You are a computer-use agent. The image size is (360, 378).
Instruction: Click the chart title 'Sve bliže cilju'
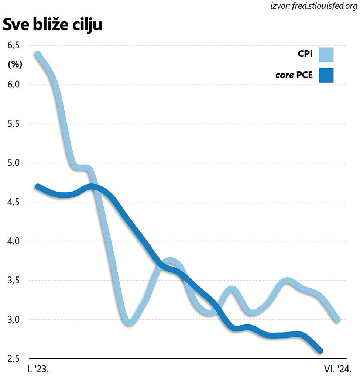pyautogui.click(x=52, y=25)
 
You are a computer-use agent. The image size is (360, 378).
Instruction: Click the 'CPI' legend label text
pyautogui.click(x=305, y=54)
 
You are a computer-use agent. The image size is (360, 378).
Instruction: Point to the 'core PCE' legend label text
pyautogui.click(x=294, y=75)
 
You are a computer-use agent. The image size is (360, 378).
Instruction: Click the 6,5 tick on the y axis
pyautogui.click(x=13, y=45)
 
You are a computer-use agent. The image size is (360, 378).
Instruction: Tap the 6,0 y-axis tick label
pyautogui.click(x=13, y=85)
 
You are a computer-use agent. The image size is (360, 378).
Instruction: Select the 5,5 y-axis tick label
pyautogui.click(x=13, y=124)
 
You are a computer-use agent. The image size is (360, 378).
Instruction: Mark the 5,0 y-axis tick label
pyautogui.click(x=13, y=163)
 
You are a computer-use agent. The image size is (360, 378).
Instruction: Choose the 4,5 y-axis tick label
pyautogui.click(x=13, y=202)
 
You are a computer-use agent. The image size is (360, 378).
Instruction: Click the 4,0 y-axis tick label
pyautogui.click(x=13, y=241)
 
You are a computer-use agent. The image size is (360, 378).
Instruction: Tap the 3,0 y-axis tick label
pyautogui.click(x=13, y=319)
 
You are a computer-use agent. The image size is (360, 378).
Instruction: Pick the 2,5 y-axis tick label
pyautogui.click(x=13, y=358)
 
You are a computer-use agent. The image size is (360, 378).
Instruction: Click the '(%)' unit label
pyautogui.click(x=15, y=64)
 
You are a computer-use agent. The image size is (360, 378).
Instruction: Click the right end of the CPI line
pyautogui.click(x=337, y=319)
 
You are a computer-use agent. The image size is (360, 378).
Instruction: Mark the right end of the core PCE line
pyautogui.click(x=320, y=350)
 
